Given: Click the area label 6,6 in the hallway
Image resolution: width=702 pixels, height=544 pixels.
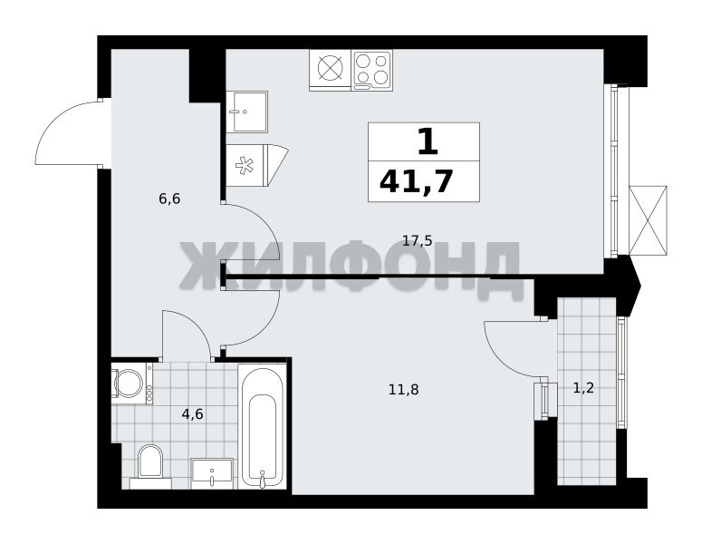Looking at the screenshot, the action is tap(169, 198).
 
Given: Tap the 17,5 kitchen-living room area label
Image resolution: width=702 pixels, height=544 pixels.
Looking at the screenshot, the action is tap(417, 241).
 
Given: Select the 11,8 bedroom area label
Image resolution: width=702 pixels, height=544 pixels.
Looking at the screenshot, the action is tap(403, 390).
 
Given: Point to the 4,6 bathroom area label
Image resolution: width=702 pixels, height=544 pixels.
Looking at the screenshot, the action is tap(193, 414).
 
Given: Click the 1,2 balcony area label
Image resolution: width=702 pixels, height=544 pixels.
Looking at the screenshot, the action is tap(583, 388).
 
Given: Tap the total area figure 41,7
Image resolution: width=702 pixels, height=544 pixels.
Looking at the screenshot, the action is tap(415, 182).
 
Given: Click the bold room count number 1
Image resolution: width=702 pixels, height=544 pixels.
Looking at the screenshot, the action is tap(428, 141).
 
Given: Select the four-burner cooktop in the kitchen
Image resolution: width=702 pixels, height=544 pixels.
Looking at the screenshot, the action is tap(372, 70).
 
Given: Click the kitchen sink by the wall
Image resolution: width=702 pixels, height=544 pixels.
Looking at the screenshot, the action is tap(246, 112).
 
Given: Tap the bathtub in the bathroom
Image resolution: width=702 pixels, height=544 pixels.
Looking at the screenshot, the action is tap(262, 426).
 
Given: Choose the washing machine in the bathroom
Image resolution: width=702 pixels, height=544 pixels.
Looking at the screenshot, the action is tap(132, 384).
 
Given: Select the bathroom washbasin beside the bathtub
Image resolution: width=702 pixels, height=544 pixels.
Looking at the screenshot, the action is tap(212, 473).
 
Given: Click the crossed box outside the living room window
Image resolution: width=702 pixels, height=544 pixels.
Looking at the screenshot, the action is tap(648, 221).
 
